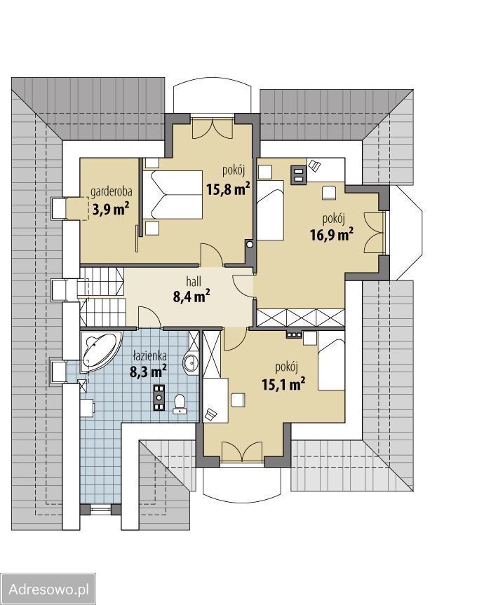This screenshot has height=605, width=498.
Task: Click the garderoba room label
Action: click(x=112, y=192)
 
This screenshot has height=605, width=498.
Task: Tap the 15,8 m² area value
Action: click(x=228, y=189)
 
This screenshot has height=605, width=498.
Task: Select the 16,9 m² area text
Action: click(x=332, y=234)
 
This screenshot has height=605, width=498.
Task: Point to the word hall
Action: click(x=194, y=282)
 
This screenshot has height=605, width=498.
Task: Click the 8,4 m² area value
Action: click(x=191, y=297)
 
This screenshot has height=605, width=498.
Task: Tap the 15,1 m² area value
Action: click(x=284, y=384)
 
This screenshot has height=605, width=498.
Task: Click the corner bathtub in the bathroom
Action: click(x=99, y=350)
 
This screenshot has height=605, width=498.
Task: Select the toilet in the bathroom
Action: click(x=180, y=404)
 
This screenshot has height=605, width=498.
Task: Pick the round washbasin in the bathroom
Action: click(x=191, y=362)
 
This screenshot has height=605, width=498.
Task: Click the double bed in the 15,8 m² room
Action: click(x=173, y=195)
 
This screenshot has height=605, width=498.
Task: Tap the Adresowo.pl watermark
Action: click(x=48, y=589)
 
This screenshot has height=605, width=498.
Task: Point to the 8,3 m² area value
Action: click(x=149, y=372)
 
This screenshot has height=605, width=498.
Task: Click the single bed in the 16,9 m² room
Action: click(x=271, y=211)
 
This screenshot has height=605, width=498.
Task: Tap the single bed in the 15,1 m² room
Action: click(x=331, y=365)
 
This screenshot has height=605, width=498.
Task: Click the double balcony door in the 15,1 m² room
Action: click(x=242, y=451)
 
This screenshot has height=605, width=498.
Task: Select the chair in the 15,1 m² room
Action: click(x=238, y=400)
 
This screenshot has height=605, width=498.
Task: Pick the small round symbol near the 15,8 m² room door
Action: click(x=250, y=244)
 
